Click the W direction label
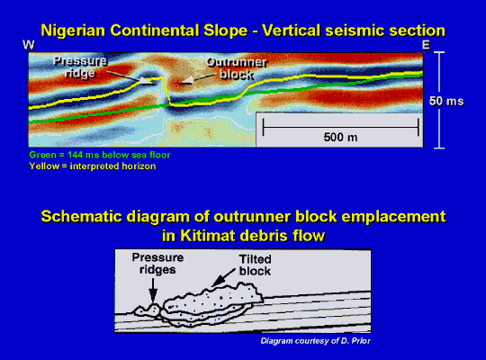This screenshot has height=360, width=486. (29, 45)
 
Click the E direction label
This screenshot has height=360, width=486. (427, 45)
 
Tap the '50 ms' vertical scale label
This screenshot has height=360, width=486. (446, 101)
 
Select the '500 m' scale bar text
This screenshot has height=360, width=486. (340, 137)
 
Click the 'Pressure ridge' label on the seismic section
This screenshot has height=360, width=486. (80, 67)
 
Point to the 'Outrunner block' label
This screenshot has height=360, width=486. (237, 68)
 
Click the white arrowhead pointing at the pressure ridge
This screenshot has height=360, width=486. (145, 81)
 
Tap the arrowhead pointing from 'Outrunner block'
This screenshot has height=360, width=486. (186, 81)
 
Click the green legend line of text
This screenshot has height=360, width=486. (100, 155)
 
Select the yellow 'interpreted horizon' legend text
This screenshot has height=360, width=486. (93, 166)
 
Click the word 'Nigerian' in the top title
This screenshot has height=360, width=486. (73, 31)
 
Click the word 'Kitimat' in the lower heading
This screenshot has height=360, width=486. (208, 235)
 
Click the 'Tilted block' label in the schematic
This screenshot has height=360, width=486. (255, 265)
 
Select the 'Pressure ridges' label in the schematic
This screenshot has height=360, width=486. (157, 264)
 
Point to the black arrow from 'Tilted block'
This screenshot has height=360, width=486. (223, 277)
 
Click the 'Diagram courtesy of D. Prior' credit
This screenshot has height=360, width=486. (316, 341)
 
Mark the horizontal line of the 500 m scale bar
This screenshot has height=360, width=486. (340, 127)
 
